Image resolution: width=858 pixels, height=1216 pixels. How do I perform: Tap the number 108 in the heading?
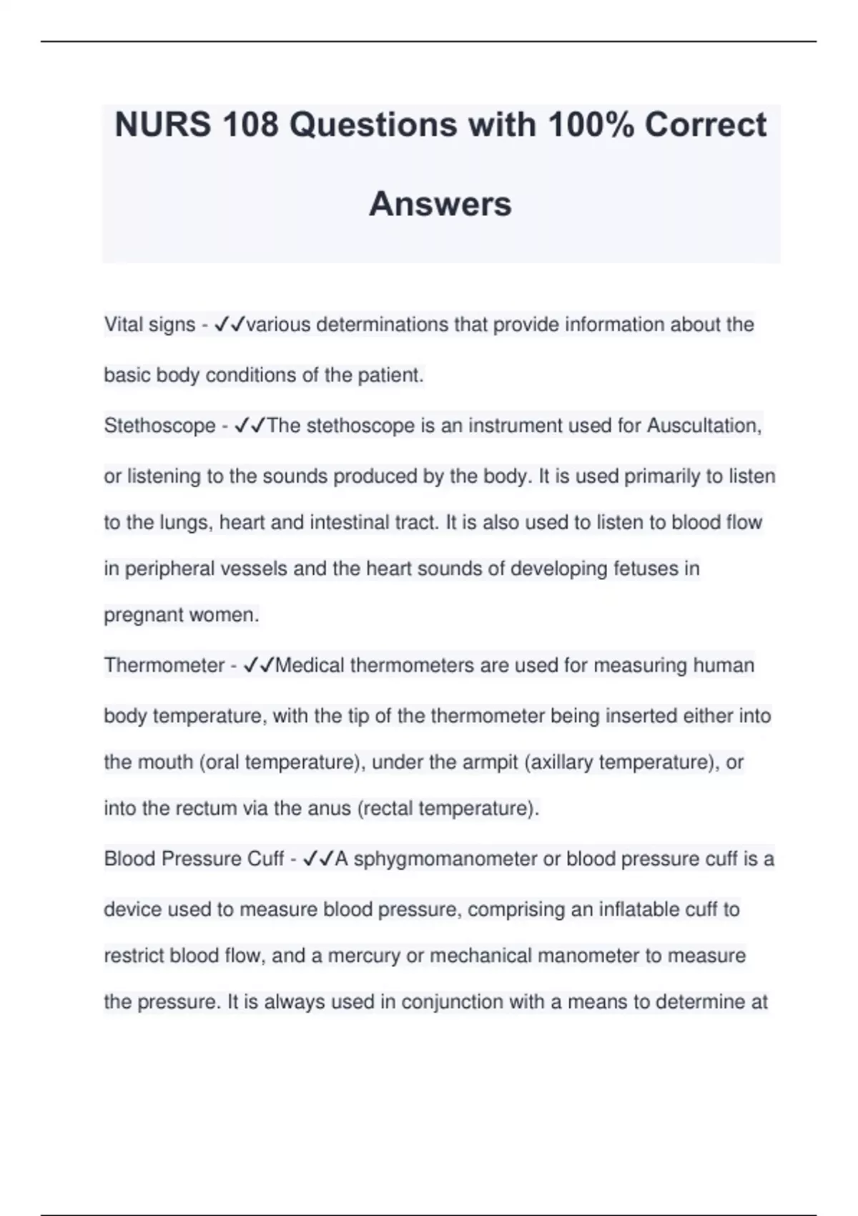tap(250, 125)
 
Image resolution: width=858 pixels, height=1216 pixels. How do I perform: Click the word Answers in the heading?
tap(440, 204)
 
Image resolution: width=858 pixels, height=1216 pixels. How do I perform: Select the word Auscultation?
tap(703, 426)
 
